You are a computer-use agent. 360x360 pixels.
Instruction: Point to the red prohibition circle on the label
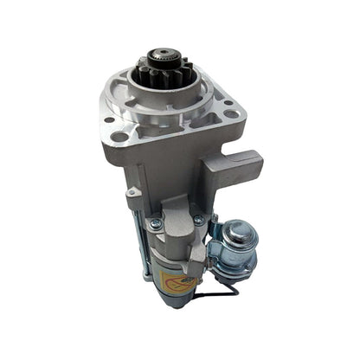(x=170, y=278)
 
